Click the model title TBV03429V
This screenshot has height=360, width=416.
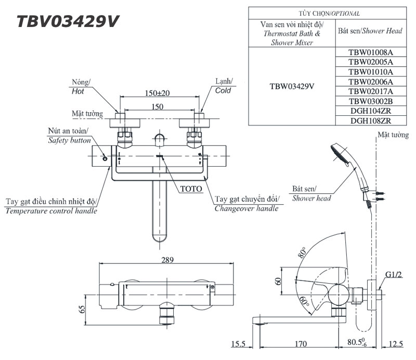click(67, 21)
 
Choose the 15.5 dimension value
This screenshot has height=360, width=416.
click(240, 344)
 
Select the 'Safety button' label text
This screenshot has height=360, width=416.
click(69, 140)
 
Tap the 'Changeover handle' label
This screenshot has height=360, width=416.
click(246, 208)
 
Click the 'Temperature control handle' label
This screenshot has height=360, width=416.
click(51, 210)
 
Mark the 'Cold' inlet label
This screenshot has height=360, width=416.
click(223, 91)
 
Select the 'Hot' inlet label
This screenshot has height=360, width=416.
click(77, 91)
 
